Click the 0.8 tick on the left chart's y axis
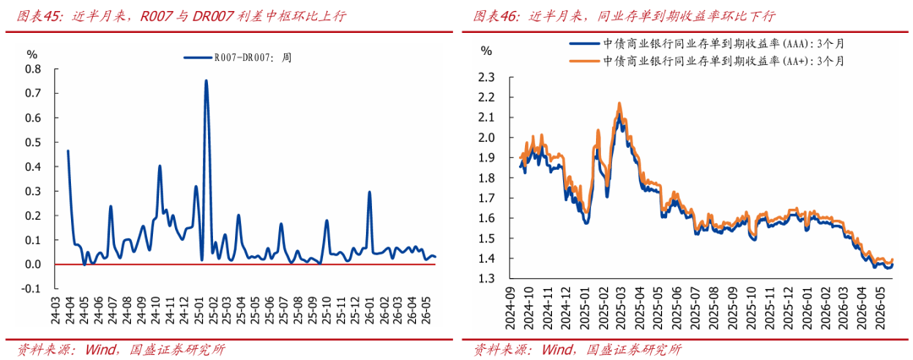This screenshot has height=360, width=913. [x=33, y=69]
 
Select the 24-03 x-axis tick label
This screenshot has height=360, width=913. [x=57, y=308]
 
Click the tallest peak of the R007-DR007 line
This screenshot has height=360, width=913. [x=206, y=81]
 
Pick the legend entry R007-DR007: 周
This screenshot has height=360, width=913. [x=237, y=57]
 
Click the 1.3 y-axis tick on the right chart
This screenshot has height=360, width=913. [x=487, y=278]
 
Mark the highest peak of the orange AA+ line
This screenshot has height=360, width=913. [x=619, y=104]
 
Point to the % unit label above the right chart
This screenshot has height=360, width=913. [x=486, y=50]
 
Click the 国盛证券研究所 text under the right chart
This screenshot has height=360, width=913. [x=635, y=350]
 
